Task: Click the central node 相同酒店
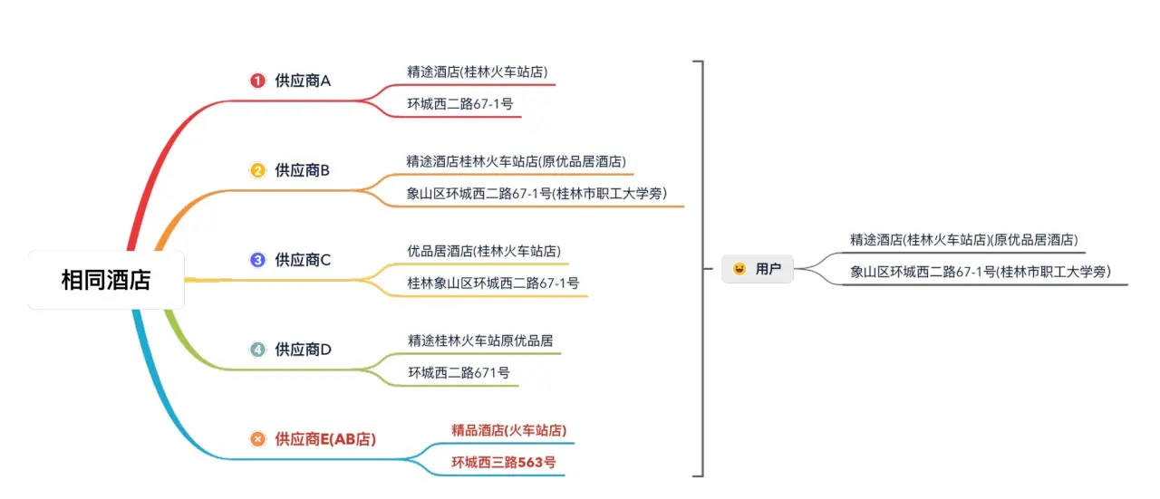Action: [106, 280]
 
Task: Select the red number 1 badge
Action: [257, 81]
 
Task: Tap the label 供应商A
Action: [303, 81]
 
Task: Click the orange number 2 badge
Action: [257, 169]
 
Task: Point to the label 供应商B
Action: [303, 169]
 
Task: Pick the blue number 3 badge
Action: [257, 260]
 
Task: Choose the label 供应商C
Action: [303, 260]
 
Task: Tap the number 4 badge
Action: [257, 349]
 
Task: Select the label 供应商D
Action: [303, 349]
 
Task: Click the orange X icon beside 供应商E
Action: [257, 439]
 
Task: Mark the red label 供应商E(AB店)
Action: [325, 439]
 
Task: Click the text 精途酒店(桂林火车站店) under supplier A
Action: [478, 71]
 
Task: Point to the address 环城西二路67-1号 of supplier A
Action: [460, 103]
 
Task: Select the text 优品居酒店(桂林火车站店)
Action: [483, 250]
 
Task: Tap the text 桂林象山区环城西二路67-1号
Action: [493, 283]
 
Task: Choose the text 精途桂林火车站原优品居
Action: [480, 341]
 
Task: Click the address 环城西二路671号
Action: [459, 372]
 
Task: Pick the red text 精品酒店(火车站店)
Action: [508, 429]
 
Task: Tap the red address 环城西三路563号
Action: [504, 462]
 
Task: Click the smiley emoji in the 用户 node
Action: [739, 268]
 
